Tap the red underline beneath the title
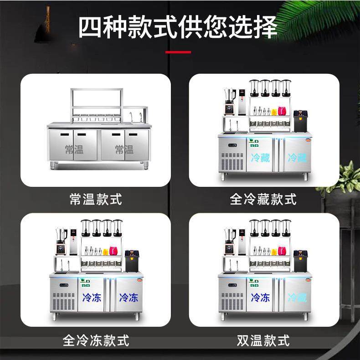[x=178, y=52]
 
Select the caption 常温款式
[x=96, y=199]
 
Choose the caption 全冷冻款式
[x=96, y=340]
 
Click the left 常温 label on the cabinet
[x=74, y=149]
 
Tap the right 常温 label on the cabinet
[x=124, y=149]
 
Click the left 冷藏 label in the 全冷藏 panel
[x=260, y=158]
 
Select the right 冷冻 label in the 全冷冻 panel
[x=129, y=298]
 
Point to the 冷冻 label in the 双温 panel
[x=260, y=298]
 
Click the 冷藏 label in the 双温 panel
[x=297, y=298]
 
